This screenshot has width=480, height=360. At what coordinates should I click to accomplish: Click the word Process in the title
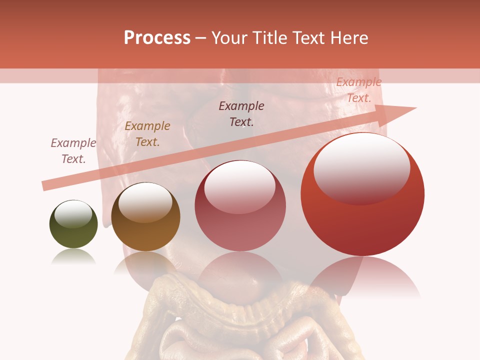tap(157, 38)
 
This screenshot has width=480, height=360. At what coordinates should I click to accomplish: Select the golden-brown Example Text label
tap(147, 134)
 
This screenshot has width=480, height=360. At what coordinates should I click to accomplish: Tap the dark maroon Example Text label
tap(241, 114)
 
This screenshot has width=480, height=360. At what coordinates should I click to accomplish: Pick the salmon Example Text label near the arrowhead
tap(359, 90)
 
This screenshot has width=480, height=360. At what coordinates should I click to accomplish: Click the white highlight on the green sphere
tap(73, 214)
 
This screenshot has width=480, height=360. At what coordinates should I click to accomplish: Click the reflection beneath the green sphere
tap(73, 256)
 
